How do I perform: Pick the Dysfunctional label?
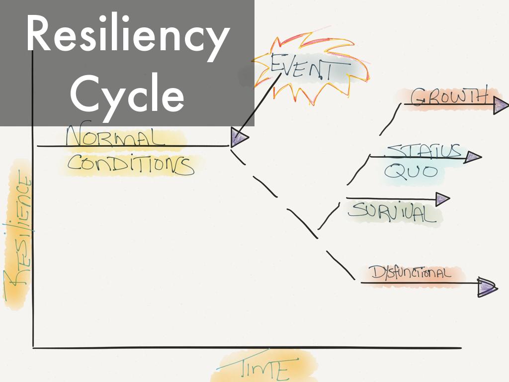click(411, 273)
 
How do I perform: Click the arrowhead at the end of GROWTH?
click(500, 105)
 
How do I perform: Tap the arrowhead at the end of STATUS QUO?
click(473, 158)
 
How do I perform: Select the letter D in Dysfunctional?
click(375, 272)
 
